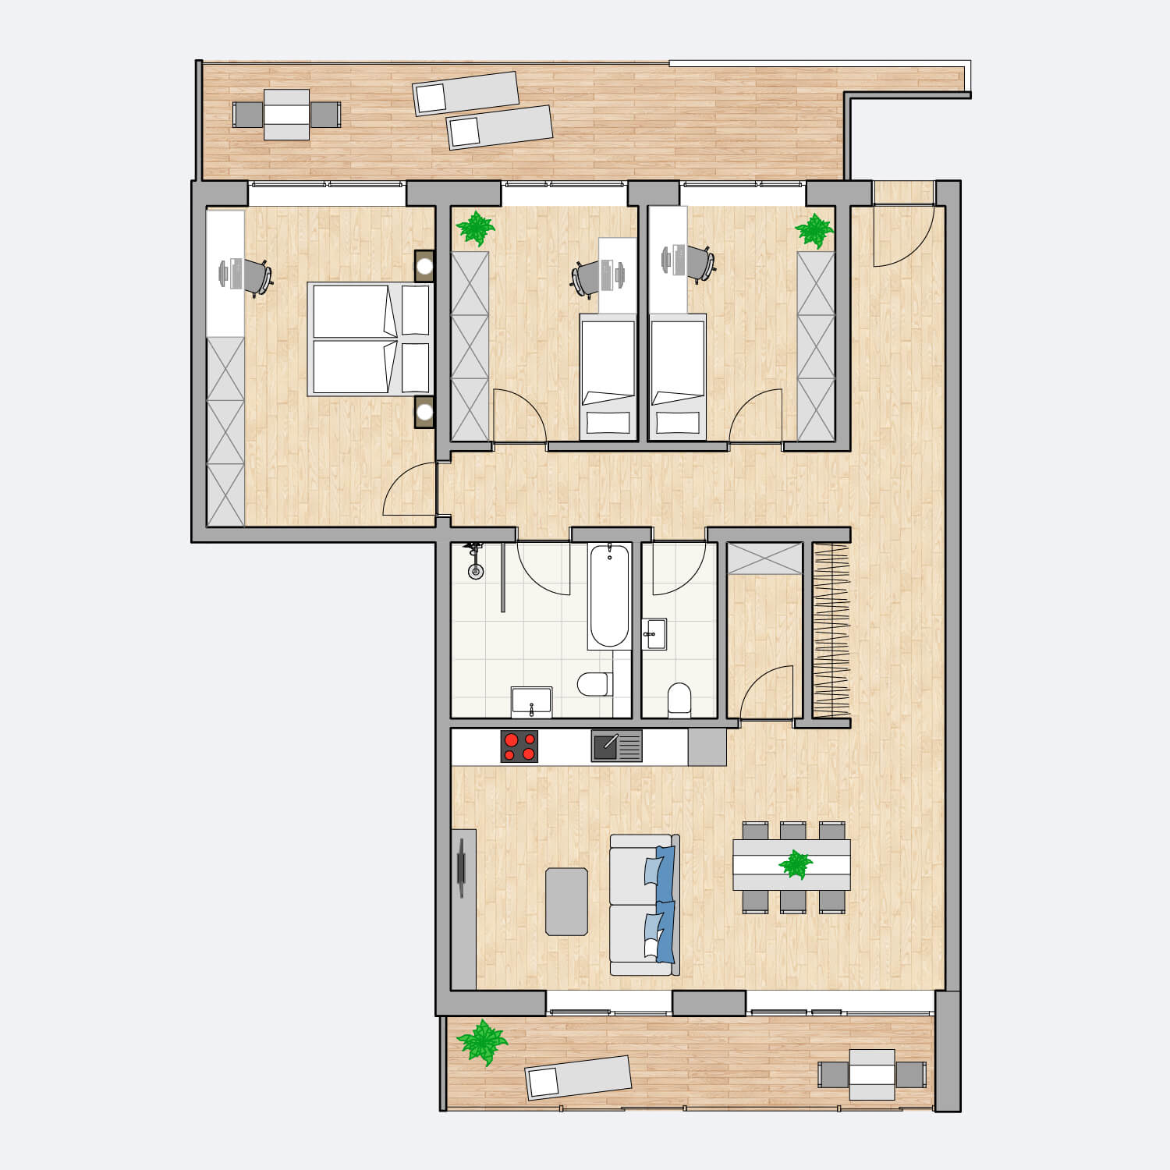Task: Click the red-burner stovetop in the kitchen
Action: (519, 746)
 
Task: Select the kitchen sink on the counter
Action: (616, 746)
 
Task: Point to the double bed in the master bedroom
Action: (370, 339)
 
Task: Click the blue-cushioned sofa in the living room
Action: (644, 905)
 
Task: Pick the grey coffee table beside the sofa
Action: (567, 901)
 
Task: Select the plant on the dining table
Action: (796, 864)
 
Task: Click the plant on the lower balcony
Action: (482, 1042)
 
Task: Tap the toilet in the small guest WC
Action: (679, 700)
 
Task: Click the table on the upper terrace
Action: (286, 115)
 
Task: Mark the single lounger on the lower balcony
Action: (578, 1077)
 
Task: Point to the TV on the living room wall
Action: (462, 866)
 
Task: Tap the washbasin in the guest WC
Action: (654, 634)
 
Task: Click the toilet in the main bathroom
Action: (594, 685)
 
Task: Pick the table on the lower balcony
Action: (872, 1074)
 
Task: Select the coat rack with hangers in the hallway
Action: (831, 630)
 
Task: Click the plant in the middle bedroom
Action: (475, 229)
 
